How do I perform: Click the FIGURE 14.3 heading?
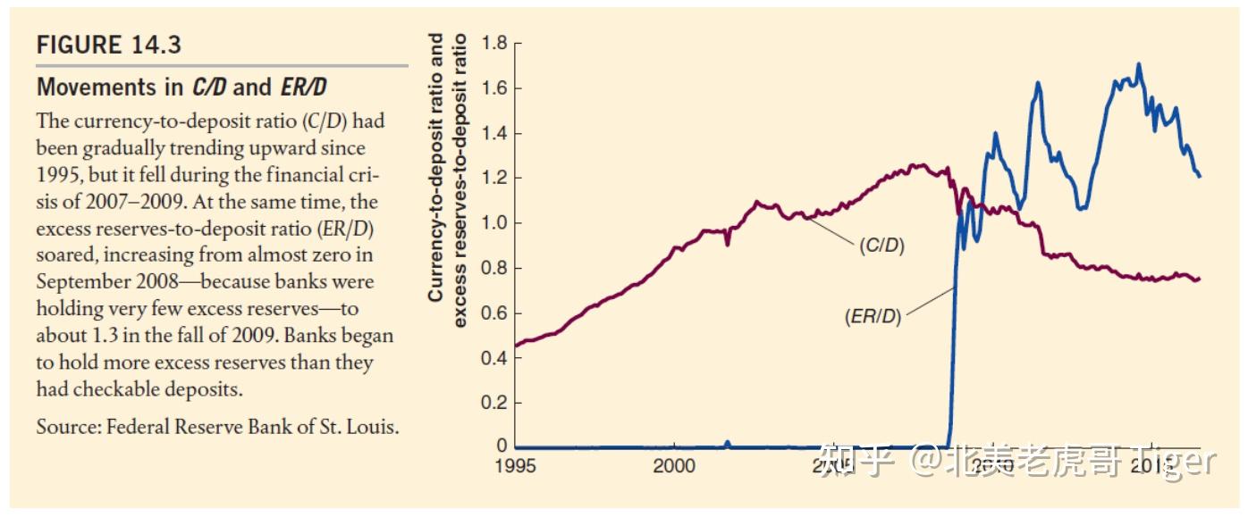[x=108, y=45]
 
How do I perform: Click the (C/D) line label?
[x=881, y=246]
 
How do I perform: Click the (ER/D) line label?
[x=873, y=316]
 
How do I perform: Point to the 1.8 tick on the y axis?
[x=494, y=43]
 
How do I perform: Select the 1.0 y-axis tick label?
[x=494, y=222]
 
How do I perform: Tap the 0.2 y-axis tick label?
[x=494, y=402]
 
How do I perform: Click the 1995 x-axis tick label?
[x=516, y=466]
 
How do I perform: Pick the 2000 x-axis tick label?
[x=674, y=466]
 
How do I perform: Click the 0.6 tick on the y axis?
[x=494, y=313]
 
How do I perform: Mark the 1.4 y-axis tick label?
[x=494, y=133]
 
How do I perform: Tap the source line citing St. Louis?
[x=217, y=427]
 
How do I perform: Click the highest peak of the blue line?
[x=1138, y=64]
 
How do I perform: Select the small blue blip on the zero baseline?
[x=728, y=442]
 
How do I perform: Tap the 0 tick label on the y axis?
[x=502, y=446]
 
